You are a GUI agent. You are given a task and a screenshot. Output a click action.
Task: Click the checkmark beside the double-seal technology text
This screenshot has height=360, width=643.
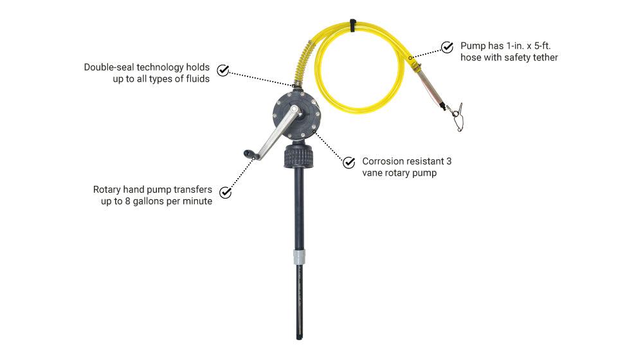click(223, 70)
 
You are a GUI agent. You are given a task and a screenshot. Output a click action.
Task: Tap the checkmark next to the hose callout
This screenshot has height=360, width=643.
click(447, 47)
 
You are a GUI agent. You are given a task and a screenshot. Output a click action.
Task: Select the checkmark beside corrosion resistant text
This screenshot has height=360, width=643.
click(349, 163)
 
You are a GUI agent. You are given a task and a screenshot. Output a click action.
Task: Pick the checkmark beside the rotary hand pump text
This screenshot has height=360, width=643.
click(226, 192)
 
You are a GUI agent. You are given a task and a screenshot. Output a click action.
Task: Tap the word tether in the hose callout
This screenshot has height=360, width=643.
click(543, 58)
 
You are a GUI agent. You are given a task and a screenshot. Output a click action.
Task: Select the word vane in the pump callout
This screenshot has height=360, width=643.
click(374, 174)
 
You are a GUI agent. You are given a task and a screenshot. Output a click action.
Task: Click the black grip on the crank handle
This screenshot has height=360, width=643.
click(249, 154)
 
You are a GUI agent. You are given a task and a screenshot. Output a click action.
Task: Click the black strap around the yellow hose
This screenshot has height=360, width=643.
click(352, 25)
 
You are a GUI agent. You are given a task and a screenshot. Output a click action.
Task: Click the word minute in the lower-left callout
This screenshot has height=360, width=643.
click(197, 202)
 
